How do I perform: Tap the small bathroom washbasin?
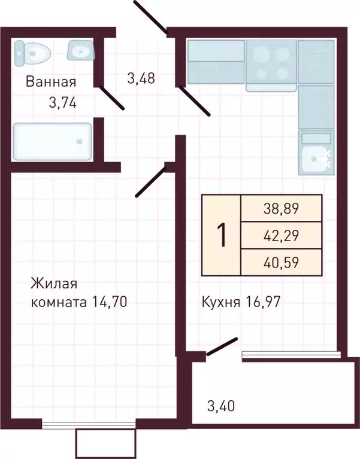pyautogui.click(x=81, y=50)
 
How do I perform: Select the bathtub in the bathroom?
pyautogui.click(x=53, y=142)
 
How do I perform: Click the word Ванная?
pyautogui.click(x=50, y=82)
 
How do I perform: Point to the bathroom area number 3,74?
pyautogui.click(x=63, y=103)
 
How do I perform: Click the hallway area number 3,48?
pyautogui.click(x=141, y=78)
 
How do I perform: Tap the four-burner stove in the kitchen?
pyautogui.click(x=271, y=63)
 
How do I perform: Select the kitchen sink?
pyautogui.click(x=315, y=158)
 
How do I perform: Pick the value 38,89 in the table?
pyautogui.click(x=281, y=208)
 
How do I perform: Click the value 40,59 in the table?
pyautogui.click(x=281, y=262)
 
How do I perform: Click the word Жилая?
pyautogui.click(x=55, y=283)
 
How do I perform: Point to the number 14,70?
pyautogui.click(x=110, y=302)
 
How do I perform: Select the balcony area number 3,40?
pyautogui.click(x=220, y=407)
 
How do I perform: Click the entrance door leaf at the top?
pyautogui.click(x=150, y=16)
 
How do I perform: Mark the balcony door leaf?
pyautogui.click(x=221, y=347)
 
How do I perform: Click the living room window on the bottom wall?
pyautogui.click(x=90, y=425)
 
